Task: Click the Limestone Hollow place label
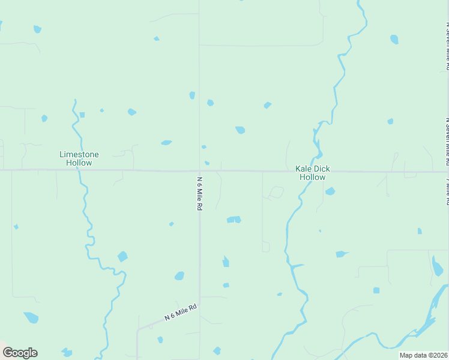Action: [79, 158]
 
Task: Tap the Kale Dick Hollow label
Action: [313, 173]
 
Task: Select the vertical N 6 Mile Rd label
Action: [199, 193]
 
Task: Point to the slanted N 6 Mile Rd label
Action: [181, 312]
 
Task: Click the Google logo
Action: [20, 353]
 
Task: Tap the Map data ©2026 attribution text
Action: [423, 355]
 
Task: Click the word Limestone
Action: [79, 154]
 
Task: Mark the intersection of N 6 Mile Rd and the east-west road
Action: [200, 170]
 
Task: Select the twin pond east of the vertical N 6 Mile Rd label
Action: [234, 220]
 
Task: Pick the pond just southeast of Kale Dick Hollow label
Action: [330, 191]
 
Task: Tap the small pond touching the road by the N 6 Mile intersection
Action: [207, 163]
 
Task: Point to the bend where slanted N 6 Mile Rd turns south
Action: [139, 329]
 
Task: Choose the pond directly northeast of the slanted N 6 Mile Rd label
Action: [226, 285]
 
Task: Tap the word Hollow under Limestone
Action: [79, 163]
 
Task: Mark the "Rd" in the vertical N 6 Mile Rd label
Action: [199, 205]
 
